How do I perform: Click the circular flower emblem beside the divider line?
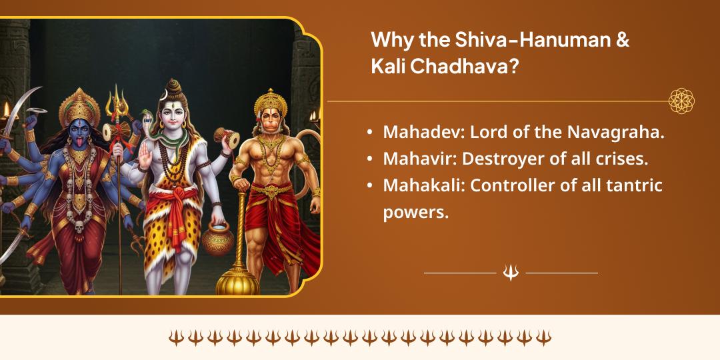pyautogui.click(x=681, y=101)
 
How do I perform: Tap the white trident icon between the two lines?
pyautogui.click(x=511, y=273)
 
